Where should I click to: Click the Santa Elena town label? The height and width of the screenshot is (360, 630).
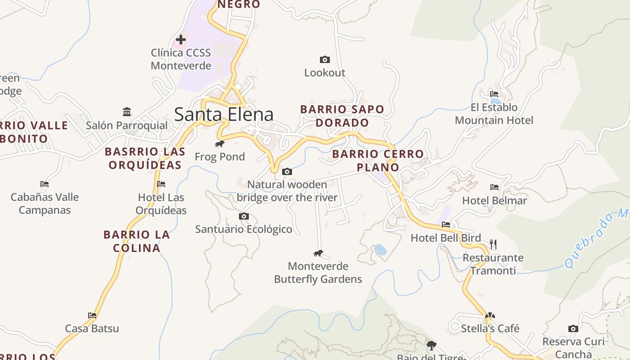tap(224, 114)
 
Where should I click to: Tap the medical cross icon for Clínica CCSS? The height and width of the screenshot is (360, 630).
tap(180, 40)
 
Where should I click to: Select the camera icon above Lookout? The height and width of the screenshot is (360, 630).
tap(324, 59)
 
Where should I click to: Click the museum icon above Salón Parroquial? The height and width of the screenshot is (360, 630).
tap(127, 112)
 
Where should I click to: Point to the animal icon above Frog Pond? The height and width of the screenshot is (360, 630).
tap(220, 144)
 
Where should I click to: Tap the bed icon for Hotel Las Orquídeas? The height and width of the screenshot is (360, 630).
tap(161, 184)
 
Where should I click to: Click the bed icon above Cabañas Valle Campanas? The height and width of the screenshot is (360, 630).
tap(44, 184)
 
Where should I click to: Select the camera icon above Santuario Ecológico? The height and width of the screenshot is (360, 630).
tap(243, 216)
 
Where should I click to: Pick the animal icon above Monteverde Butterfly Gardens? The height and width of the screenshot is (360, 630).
tap(318, 253)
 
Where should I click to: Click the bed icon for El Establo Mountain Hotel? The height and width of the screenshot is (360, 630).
tap(494, 94)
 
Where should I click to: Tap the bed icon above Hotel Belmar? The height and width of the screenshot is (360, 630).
tap(494, 187)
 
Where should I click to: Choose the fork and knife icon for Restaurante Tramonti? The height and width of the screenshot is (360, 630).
tap(493, 244)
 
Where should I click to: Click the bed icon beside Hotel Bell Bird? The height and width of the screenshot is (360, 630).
tap(446, 224)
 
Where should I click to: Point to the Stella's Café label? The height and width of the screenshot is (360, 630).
tap(490, 328)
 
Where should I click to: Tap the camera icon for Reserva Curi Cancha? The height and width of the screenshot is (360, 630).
tap(573, 328)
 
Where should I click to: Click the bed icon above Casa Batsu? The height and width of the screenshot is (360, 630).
tap(92, 315)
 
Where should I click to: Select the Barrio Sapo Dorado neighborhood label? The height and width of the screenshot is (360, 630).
tap(342, 116)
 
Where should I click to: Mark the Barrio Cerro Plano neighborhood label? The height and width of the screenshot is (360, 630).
tap(378, 161)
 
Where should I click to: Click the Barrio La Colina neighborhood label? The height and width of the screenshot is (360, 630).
tap(137, 241)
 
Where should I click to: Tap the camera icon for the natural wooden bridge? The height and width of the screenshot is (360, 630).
tap(287, 171)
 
